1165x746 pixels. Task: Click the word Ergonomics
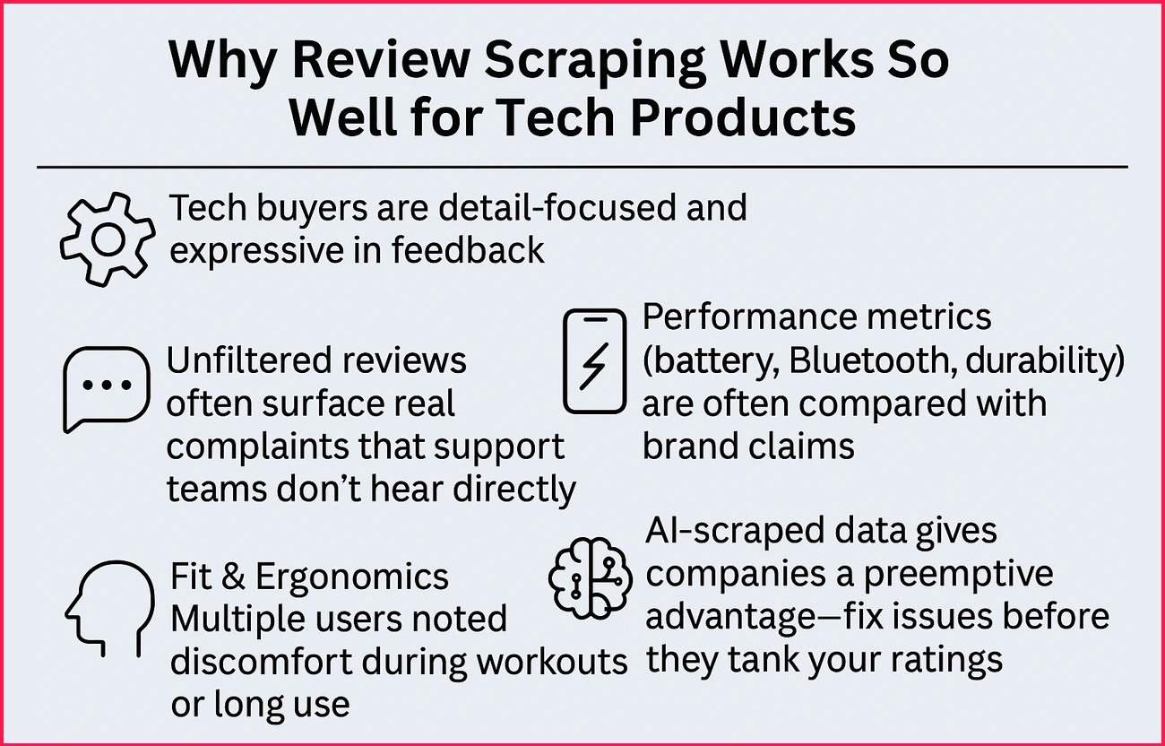point(352,576)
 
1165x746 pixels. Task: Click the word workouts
point(552,661)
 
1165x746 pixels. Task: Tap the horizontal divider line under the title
point(582,167)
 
